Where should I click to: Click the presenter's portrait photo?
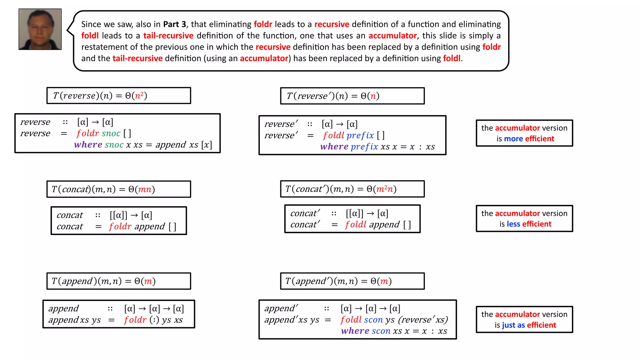point(40,29)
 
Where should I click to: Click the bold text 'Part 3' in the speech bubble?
point(174,24)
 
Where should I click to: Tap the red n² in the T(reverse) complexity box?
point(139,95)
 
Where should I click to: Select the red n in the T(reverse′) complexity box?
point(373,96)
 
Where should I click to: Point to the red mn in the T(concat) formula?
point(145,189)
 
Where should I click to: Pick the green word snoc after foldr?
point(111,133)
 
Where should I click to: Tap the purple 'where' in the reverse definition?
point(88,145)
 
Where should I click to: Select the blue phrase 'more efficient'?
point(529,139)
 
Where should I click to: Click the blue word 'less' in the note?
point(513,224)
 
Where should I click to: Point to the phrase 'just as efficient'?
point(529,325)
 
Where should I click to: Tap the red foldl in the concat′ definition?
point(356,224)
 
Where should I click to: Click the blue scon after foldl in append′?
point(373,320)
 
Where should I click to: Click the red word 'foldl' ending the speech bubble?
point(452,58)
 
